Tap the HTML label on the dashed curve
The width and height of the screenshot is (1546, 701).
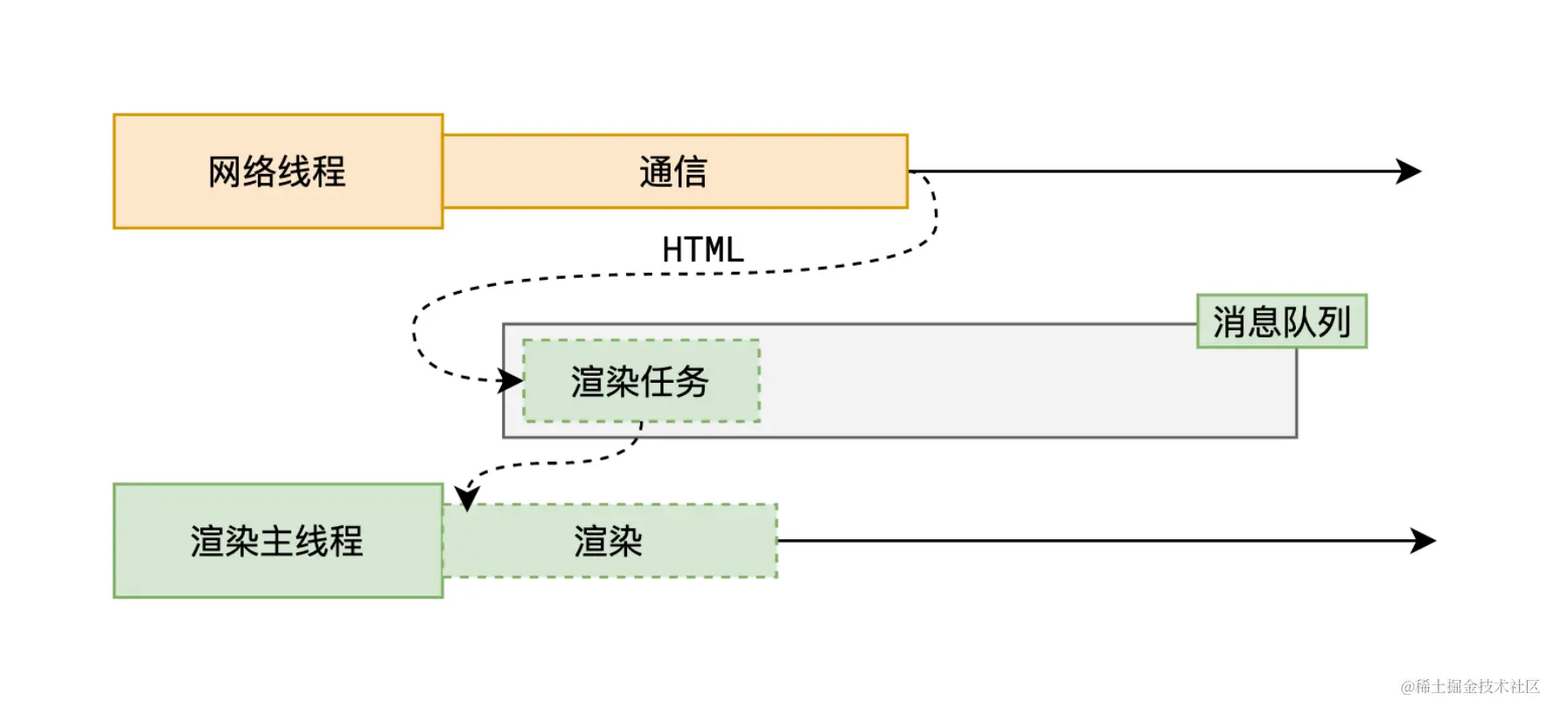[x=702, y=250]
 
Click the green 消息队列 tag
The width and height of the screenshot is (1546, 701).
[x=1281, y=322]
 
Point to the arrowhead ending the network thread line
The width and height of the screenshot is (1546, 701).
[x=1410, y=171]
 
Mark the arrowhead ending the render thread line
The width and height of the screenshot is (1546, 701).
[x=1424, y=541]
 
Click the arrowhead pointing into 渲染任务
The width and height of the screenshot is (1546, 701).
[x=511, y=381]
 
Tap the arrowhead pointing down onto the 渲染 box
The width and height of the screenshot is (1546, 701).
[x=468, y=498]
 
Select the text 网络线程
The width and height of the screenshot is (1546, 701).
[x=276, y=171]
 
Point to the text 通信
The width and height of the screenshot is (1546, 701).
[x=672, y=171]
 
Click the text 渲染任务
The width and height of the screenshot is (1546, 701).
[x=639, y=382]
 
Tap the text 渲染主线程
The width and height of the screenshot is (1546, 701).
[x=276, y=541]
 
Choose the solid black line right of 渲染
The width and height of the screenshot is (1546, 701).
[x=1093, y=541]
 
